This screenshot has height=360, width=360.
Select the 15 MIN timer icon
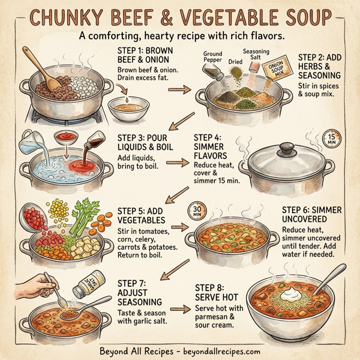tap(331, 140)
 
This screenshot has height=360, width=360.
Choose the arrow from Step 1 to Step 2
tap(176, 91)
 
